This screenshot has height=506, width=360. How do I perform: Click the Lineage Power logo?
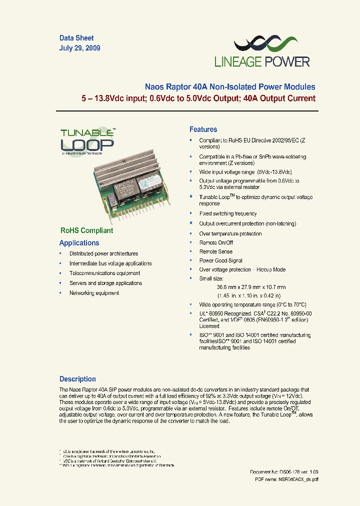262,52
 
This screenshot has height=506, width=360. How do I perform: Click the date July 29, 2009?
80,48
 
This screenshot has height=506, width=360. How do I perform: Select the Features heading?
203,129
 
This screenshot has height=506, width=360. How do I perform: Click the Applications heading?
79,243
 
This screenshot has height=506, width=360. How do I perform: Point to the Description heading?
77,379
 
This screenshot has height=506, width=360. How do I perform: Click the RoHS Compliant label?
86,230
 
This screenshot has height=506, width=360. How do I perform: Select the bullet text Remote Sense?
216,251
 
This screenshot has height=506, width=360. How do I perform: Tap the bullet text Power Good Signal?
221,260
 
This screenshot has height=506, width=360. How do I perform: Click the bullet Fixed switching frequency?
228,214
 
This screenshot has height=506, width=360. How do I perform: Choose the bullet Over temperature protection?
230,233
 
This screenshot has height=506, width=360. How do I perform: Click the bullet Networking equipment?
94,293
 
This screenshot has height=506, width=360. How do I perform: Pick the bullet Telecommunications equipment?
104,273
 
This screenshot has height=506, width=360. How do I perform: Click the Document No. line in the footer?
284,472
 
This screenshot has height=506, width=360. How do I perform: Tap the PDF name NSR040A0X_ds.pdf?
286,479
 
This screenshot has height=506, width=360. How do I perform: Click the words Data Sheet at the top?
76,38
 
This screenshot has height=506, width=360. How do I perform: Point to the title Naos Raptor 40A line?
230,87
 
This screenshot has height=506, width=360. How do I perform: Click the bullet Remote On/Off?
216,242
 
